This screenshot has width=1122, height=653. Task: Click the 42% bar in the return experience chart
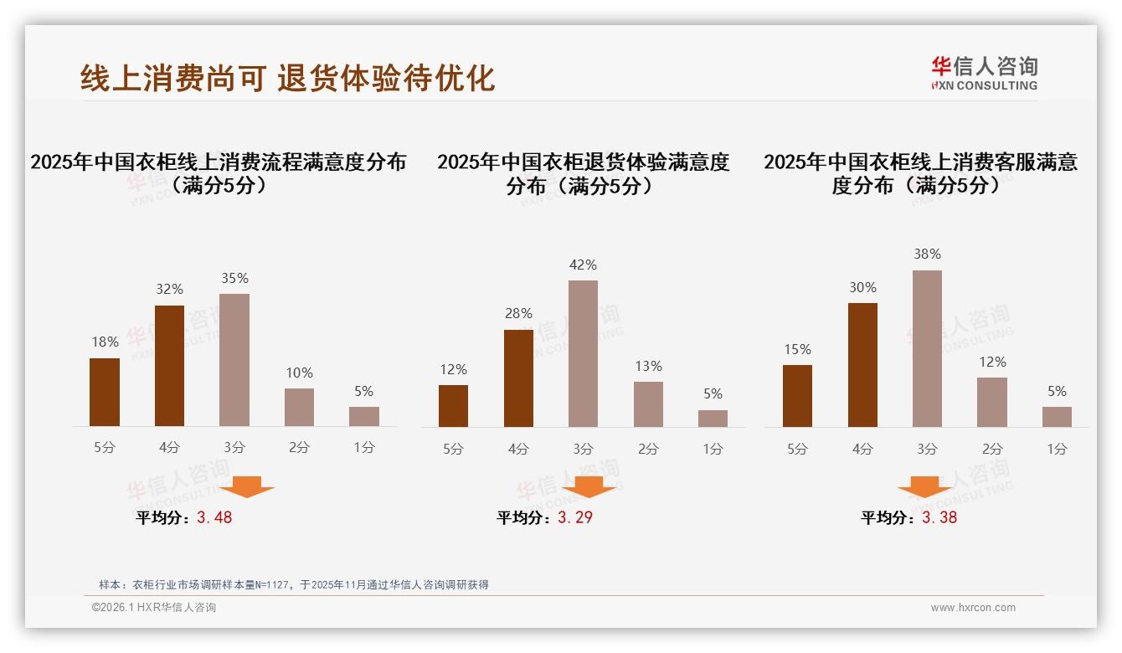click(x=583, y=353)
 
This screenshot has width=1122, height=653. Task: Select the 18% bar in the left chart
click(x=105, y=392)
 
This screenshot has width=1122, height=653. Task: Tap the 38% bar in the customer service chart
click(x=927, y=348)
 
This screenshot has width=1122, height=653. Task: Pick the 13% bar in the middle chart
click(x=648, y=404)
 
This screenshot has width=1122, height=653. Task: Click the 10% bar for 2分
click(x=299, y=407)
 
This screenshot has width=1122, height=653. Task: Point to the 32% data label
click(x=169, y=289)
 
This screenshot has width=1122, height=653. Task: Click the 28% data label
click(x=518, y=313)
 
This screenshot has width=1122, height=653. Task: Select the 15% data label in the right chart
click(x=797, y=349)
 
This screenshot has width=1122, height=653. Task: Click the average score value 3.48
click(x=214, y=517)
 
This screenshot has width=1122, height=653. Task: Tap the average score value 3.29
click(x=575, y=517)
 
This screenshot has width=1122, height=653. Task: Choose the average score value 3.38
click(x=939, y=517)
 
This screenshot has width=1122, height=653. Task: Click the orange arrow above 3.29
click(x=589, y=486)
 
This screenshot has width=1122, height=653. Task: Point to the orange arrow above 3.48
click(x=247, y=486)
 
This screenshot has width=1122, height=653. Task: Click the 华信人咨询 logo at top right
click(x=984, y=74)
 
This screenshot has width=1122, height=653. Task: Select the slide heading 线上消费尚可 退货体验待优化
click(x=287, y=77)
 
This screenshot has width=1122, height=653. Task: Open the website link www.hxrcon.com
click(x=973, y=608)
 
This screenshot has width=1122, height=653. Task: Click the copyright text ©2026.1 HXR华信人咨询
click(x=154, y=608)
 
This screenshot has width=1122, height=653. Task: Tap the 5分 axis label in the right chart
click(x=797, y=449)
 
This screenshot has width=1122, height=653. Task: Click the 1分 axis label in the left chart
click(x=364, y=447)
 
